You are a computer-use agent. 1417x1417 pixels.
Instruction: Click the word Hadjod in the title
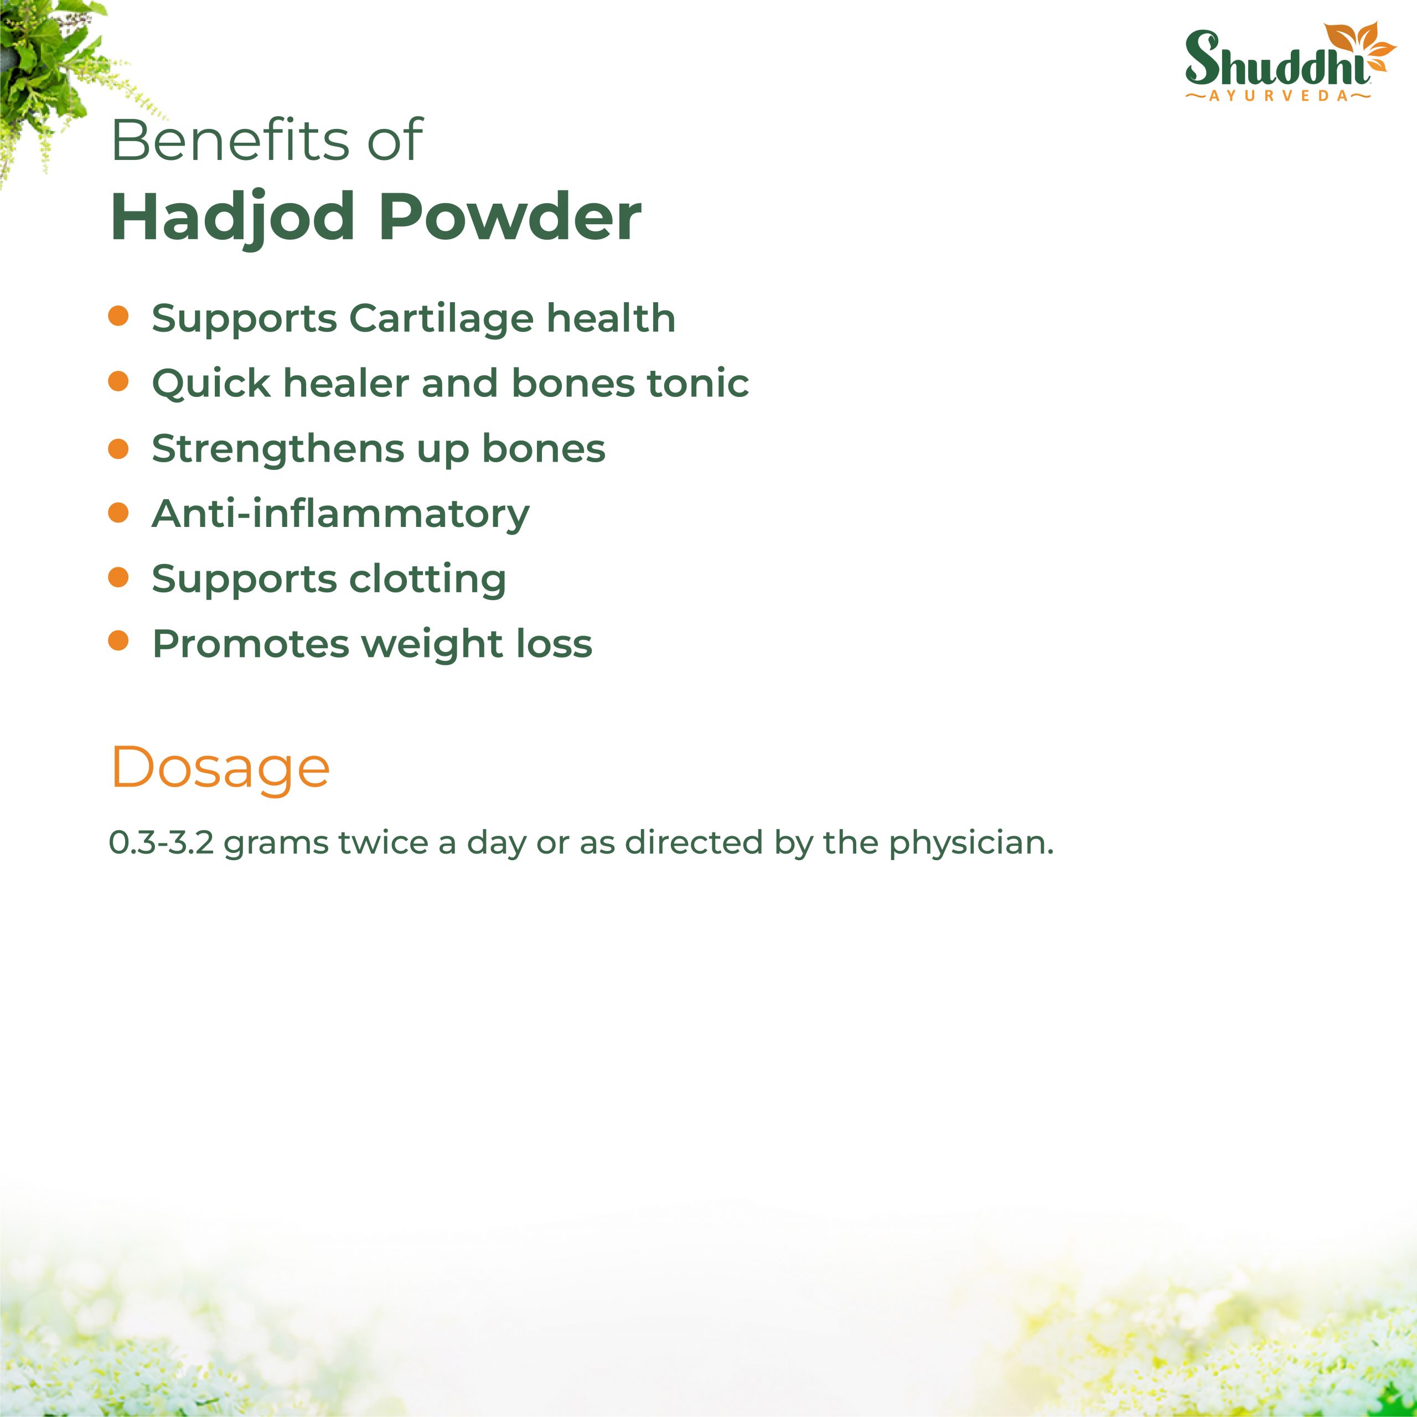(232, 217)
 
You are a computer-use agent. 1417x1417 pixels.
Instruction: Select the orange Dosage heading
(220, 769)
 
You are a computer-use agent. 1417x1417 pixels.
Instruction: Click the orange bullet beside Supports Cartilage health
(118, 316)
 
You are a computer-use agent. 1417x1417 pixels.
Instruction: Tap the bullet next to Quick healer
(118, 381)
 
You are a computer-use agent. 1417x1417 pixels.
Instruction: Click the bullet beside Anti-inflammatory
(118, 512)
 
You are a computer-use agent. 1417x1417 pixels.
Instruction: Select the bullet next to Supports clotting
(118, 577)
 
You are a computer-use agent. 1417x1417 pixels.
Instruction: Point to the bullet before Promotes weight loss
(118, 641)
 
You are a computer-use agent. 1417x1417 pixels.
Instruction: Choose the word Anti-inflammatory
(340, 514)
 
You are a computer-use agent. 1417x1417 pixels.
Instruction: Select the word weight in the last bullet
(431, 645)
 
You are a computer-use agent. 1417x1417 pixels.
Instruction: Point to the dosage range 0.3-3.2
(162, 842)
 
